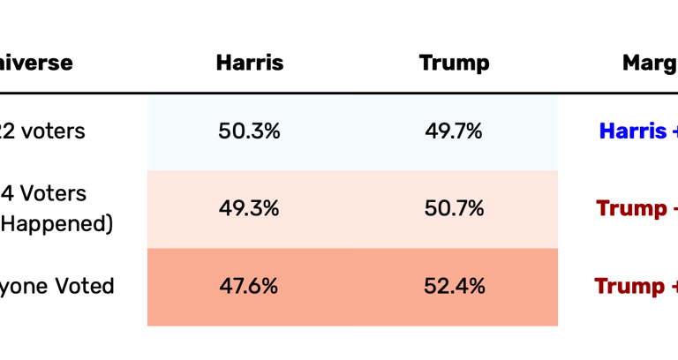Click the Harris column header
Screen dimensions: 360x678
[x=249, y=63]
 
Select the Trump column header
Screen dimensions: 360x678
[x=454, y=63]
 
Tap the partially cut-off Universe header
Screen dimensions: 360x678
[x=35, y=63]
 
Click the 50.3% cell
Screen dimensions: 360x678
[x=249, y=131]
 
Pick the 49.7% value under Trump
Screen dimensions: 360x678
[x=454, y=131]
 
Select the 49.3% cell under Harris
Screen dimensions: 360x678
[x=249, y=209]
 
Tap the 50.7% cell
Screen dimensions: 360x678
[x=454, y=209]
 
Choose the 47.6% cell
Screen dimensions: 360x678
[x=249, y=287]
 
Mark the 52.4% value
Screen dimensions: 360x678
[x=454, y=287]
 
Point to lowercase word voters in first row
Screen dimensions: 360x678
[x=54, y=131]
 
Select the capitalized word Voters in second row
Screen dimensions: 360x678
[x=56, y=193]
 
